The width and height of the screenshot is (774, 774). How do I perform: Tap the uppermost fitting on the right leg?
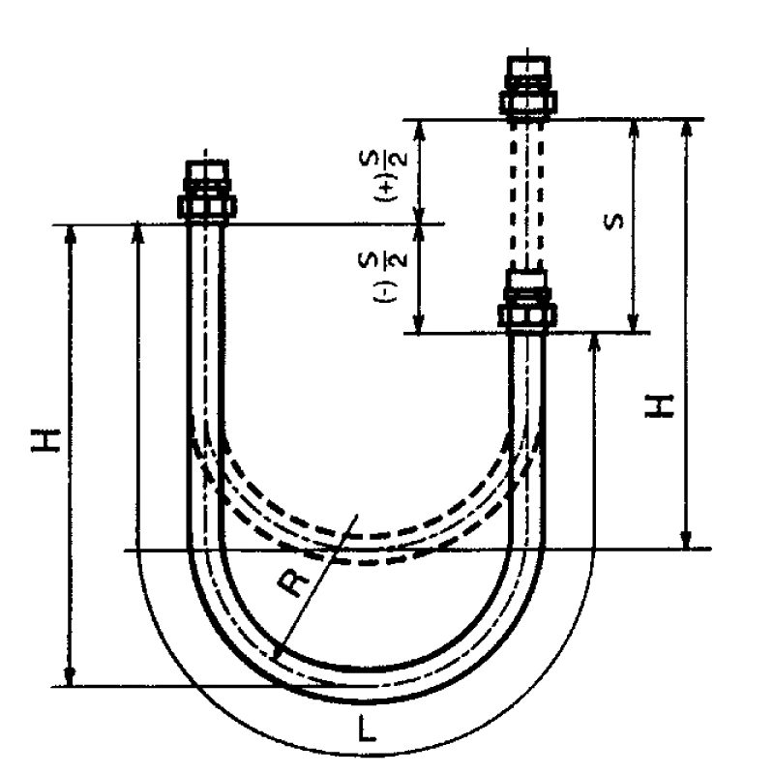coord(527,87)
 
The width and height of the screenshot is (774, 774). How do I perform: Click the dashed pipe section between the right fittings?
coord(527,193)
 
